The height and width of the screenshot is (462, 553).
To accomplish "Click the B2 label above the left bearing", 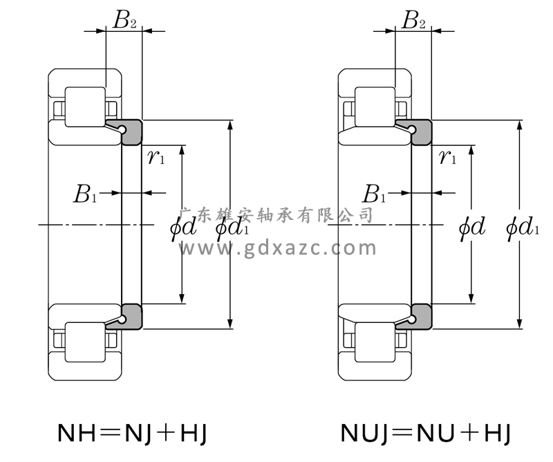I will click(x=124, y=21).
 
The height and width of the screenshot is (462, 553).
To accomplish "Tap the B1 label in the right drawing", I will click(x=375, y=194).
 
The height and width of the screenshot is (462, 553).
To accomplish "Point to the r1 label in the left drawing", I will click(x=156, y=157).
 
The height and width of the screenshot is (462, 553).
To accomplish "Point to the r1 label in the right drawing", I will click(x=447, y=157).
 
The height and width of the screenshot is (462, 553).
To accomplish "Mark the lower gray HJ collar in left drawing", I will click(x=131, y=316).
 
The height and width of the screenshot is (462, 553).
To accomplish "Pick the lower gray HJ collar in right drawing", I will click(x=421, y=316).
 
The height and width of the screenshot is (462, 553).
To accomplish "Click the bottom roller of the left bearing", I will click(x=85, y=342).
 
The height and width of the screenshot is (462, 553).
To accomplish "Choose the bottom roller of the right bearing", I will click(x=375, y=342).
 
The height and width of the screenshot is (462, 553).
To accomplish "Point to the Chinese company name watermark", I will click(x=276, y=215).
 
